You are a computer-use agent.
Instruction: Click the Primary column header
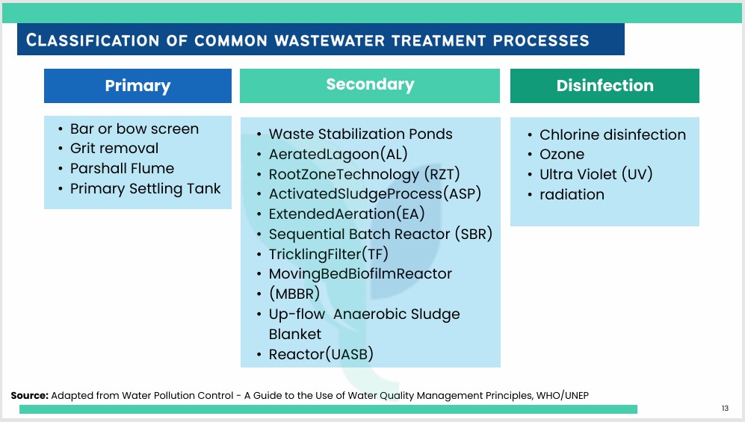pyautogui.click(x=137, y=85)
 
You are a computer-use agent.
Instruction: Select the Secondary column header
pyautogui.click(x=370, y=85)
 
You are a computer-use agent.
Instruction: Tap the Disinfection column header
pyautogui.click(x=605, y=85)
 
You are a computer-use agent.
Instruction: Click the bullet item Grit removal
pyautogui.click(x=114, y=149)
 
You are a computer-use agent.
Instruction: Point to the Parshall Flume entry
pyautogui.click(x=122, y=169)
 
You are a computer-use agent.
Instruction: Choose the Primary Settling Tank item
pyautogui.click(x=146, y=189)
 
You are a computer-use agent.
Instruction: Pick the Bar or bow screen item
pyautogui.click(x=135, y=128)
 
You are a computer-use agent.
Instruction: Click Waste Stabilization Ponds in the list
pyautogui.click(x=361, y=134)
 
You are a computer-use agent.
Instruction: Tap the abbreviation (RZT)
pyautogui.click(x=442, y=174)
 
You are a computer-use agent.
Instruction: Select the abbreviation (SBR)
pyautogui.click(x=473, y=234)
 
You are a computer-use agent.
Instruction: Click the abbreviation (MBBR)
pyautogui.click(x=294, y=294)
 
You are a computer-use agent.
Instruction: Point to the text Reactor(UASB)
pyautogui.click(x=321, y=354)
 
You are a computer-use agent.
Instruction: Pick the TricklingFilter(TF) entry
pyautogui.click(x=329, y=255)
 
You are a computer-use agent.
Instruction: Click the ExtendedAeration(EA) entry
pyautogui.click(x=347, y=214)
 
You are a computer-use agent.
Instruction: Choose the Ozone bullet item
pyautogui.click(x=562, y=155)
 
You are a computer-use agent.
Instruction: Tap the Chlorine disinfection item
pyautogui.click(x=613, y=134)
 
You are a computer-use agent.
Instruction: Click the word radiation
pyautogui.click(x=572, y=195)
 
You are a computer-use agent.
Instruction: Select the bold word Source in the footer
pyautogui.click(x=29, y=395)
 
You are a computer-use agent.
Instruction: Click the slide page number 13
pyautogui.click(x=725, y=409)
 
